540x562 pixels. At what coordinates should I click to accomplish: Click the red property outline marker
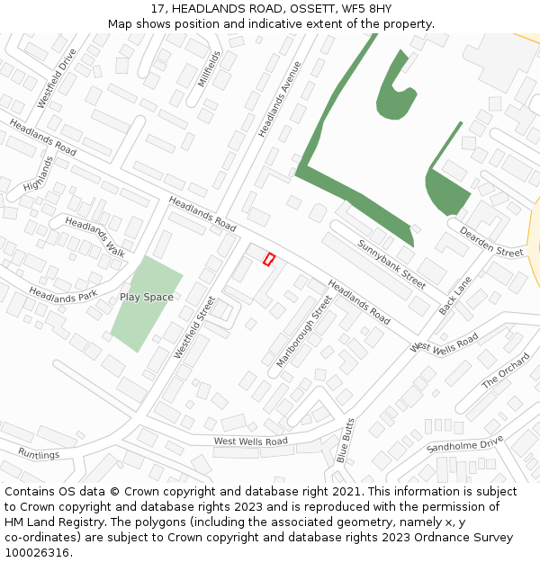tap(268, 259)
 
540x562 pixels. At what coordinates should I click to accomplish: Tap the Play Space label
tap(147, 297)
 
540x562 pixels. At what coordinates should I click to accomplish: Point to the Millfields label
tap(210, 69)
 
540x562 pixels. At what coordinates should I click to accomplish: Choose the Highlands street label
tap(39, 174)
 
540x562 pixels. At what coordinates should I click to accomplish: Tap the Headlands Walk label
tap(95, 236)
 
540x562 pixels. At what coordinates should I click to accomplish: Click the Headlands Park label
tap(63, 294)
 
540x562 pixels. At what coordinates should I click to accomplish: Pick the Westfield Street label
tap(194, 327)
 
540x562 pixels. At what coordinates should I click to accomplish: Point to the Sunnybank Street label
tap(391, 263)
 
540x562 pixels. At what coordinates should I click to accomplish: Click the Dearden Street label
tap(491, 241)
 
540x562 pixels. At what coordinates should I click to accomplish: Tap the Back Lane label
tap(455, 296)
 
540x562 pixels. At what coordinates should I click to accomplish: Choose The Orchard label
tap(506, 370)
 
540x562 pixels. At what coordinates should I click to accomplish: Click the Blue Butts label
tap(345, 440)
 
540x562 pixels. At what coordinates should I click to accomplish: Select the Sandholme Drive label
tap(464, 444)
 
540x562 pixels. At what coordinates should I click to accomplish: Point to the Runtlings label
tap(39, 454)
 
